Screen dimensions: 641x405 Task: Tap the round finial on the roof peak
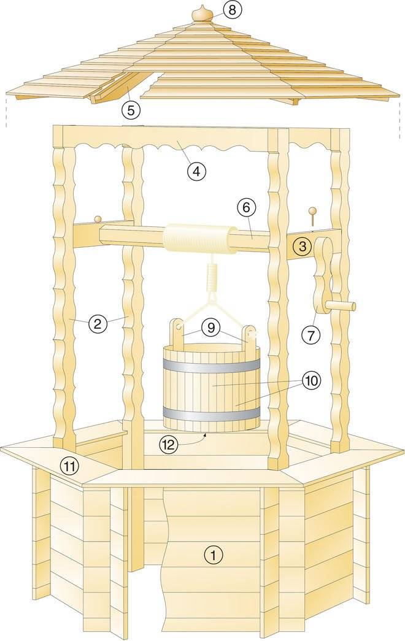click(x=201, y=14)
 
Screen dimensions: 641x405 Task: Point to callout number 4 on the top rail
click(x=196, y=171)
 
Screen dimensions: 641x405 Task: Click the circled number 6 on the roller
click(x=246, y=209)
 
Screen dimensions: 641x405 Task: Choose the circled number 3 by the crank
click(x=302, y=247)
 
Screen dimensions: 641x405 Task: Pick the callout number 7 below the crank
click(x=311, y=334)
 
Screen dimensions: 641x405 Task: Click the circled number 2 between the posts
click(x=98, y=323)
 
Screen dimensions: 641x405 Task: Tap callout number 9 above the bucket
click(x=210, y=328)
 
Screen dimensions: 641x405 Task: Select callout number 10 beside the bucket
click(x=311, y=381)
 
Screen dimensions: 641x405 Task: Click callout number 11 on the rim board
click(x=70, y=466)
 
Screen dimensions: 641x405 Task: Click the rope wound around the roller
click(x=200, y=239)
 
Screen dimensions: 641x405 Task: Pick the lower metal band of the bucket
click(x=212, y=413)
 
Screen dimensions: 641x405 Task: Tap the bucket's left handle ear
click(x=177, y=331)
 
